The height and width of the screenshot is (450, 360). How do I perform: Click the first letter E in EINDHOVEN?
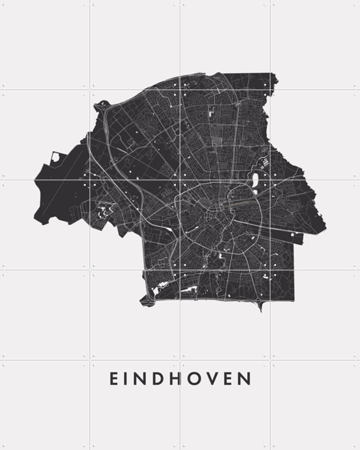tap(114, 378)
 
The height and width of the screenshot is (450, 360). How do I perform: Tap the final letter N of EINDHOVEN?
tap(244, 378)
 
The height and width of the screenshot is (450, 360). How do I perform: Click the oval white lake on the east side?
tap(255, 179)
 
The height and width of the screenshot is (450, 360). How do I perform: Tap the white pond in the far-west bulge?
tap(55, 157)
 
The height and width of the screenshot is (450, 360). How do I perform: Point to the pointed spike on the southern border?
tap(260, 306)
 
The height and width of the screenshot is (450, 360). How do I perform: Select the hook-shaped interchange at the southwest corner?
tap(146, 299)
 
